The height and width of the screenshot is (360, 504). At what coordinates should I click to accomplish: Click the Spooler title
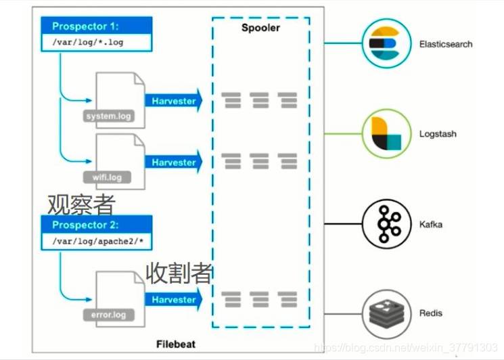coord(260,28)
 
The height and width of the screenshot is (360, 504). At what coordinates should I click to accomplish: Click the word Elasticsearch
coord(446,44)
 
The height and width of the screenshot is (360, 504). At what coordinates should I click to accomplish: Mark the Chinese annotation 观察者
coord(81,203)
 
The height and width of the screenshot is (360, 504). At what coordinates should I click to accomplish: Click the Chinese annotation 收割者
coord(180,273)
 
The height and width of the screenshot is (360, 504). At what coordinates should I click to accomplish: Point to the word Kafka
coord(430,224)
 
